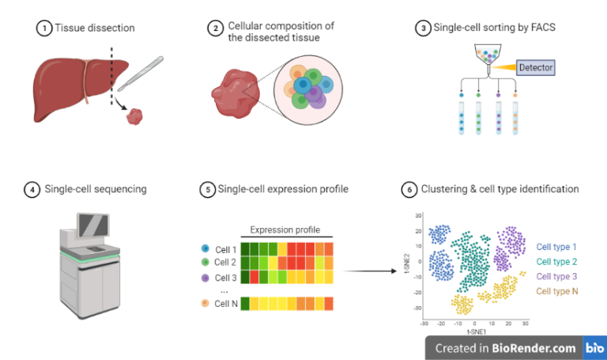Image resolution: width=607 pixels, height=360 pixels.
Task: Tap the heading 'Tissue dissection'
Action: coord(95,28)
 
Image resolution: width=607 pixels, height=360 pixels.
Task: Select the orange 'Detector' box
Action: coord(535,67)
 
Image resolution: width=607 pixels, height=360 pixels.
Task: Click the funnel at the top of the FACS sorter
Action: coord(489,56)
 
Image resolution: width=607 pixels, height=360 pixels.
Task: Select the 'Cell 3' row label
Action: coord(226,278)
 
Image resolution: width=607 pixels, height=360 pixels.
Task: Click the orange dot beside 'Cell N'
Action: coord(205,303)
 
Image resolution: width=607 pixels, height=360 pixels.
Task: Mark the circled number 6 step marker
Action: coord(409,189)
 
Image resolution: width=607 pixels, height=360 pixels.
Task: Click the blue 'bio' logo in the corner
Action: coord(594,347)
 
